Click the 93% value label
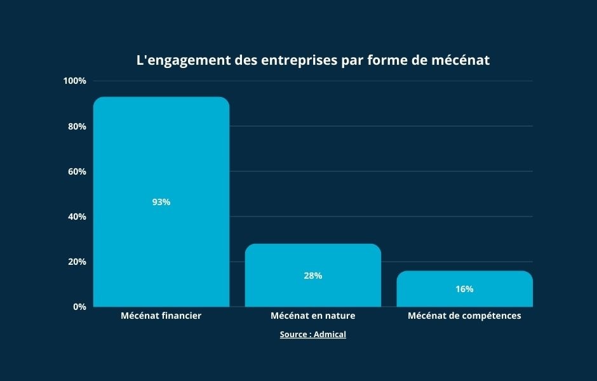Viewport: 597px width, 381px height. click(161, 202)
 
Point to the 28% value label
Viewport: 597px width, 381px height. click(313, 276)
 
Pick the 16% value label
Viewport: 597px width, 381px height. click(464, 289)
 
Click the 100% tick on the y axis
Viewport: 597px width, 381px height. click(75, 81)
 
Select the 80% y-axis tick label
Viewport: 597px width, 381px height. click(77, 126)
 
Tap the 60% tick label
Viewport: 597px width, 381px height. click(77, 171)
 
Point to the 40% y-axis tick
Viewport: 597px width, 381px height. click(77, 217)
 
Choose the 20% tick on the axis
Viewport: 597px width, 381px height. click(77, 262)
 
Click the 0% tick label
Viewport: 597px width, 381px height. click(79, 307)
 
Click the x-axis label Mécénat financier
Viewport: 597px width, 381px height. click(161, 316)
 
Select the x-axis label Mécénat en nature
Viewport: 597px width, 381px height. click(313, 316)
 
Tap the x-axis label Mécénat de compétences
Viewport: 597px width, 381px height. click(464, 316)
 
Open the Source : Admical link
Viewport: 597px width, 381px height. click(313, 334)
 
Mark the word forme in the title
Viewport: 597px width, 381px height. click(387, 61)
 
